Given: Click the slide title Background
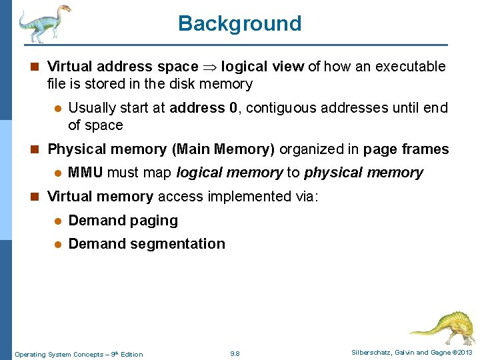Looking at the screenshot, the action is (239, 23).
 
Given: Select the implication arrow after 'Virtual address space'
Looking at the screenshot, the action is (210, 67).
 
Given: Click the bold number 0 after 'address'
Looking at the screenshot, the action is (233, 108).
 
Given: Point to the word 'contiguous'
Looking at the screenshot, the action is (276, 108).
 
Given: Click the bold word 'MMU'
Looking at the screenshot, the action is (85, 173).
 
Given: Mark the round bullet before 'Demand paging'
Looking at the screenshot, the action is (58, 221).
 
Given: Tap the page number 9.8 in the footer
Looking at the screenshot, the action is (235, 353).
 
